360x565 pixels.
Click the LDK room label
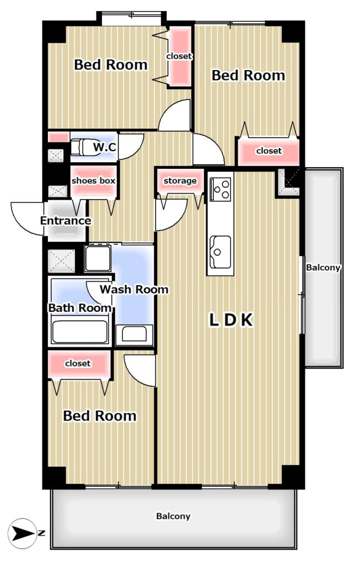pos(231,320)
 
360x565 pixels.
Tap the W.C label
pos(104,147)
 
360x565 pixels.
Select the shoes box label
pos(94,180)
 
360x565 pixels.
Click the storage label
pos(180,181)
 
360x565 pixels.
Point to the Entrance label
pos(66,221)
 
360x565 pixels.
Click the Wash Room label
pos(134,289)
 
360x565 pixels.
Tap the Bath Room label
pos(80,308)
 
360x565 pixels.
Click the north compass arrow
pos(22,534)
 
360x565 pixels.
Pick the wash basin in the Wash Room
pos(135,334)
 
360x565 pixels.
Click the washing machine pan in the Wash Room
pos(98,258)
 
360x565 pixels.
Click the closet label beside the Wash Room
pos(78,364)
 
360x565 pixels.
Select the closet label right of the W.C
pos(269,151)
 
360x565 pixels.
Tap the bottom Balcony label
pos(173,516)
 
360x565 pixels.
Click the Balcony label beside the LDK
pos(323,268)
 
